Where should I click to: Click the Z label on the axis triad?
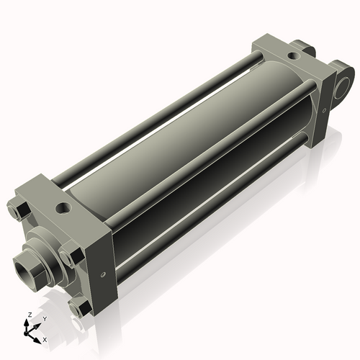tap(28, 315)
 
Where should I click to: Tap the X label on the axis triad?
tap(45, 338)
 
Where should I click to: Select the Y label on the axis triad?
tap(44, 318)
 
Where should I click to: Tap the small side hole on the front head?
tap(105, 274)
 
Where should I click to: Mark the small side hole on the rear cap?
tap(325, 108)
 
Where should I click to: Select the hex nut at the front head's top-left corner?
tap(20, 210)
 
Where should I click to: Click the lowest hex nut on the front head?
tap(81, 307)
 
